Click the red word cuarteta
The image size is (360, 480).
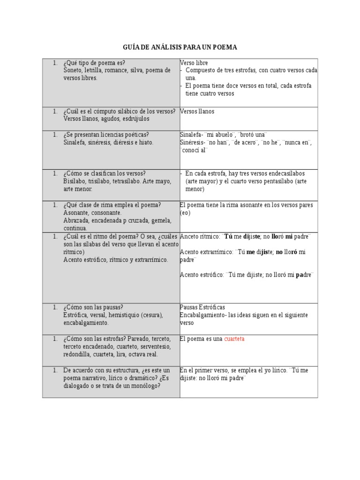pyautogui.click(x=234, y=339)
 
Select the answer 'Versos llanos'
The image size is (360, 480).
pyautogui.click(x=197, y=112)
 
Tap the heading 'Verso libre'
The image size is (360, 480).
pyautogui.click(x=194, y=63)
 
